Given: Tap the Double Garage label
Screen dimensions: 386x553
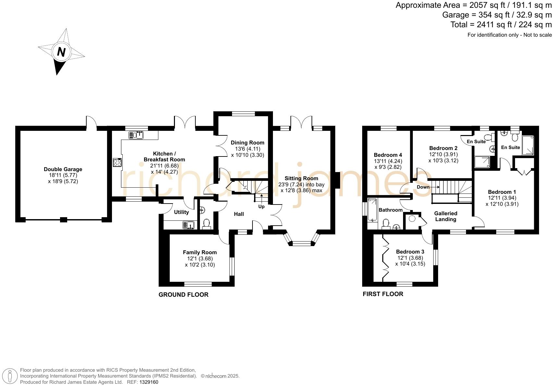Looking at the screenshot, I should pos(63,169).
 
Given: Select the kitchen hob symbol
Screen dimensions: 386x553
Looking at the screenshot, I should pos(117,162).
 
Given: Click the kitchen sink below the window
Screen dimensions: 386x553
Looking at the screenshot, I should pos(136,135).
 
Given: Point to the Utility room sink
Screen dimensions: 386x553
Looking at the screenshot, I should pos(188,225).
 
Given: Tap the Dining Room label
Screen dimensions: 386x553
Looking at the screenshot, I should pos(248,143).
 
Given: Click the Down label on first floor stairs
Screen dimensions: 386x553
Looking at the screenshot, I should pos(423,187).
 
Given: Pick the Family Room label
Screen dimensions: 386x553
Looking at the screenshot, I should pos(200,252).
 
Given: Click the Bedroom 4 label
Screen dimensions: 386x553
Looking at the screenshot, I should pos(388,155).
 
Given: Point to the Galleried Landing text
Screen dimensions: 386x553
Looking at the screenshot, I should pos(446,216).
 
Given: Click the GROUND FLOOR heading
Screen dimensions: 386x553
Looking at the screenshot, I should pos(183,294).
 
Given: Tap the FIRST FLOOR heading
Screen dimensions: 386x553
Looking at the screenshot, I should pos(383,294).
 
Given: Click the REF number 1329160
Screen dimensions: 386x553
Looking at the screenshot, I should pos(149,382).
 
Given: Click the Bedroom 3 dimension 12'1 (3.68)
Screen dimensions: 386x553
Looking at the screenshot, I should pos(410,258).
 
